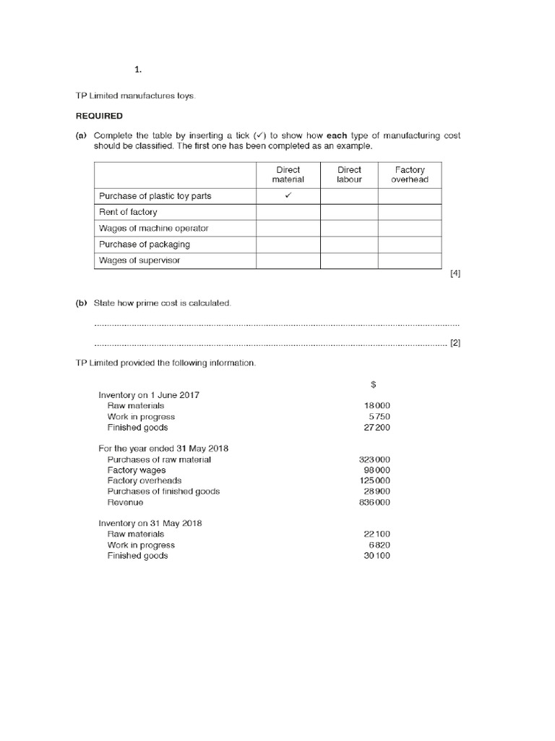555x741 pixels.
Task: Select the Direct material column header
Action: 288,174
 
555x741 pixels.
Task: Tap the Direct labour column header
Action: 349,174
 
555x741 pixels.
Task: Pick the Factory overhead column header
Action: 410,174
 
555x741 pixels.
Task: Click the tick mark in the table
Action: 288,196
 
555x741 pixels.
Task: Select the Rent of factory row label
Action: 128,212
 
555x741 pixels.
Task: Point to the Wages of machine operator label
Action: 153,229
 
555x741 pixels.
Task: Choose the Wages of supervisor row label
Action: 139,261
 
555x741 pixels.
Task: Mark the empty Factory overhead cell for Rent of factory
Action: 410,212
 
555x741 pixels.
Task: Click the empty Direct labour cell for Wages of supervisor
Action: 349,261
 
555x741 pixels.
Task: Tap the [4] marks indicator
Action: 455,274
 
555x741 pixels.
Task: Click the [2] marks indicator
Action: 455,343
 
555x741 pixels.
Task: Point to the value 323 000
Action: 374,460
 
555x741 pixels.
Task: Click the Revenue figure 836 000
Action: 374,502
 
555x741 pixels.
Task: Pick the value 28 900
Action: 377,491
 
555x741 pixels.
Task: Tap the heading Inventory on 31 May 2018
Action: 150,523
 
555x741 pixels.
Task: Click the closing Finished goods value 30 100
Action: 377,556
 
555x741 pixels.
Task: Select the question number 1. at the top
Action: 137,69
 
